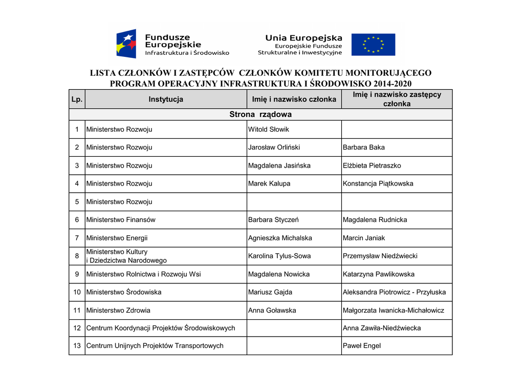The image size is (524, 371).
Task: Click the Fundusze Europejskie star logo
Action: pyautogui.click(x=126, y=44)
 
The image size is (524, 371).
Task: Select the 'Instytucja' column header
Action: pyautogui.click(x=166, y=99)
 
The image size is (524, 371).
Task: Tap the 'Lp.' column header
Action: pyautogui.click(x=77, y=99)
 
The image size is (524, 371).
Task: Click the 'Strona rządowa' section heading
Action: pyautogui.click(x=260, y=114)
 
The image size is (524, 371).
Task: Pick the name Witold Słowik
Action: pyautogui.click(x=269, y=130)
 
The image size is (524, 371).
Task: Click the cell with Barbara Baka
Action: pyautogui.click(x=364, y=148)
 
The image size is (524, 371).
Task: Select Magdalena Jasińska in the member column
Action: pyautogui.click(x=279, y=166)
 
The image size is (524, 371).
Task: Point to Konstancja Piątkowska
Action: pyautogui.click(x=378, y=183)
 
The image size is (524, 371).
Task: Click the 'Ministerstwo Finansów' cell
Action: pyautogui.click(x=121, y=220)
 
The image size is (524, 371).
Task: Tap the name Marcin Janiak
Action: pyautogui.click(x=364, y=238)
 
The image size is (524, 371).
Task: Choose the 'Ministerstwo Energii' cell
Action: pyautogui.click(x=117, y=238)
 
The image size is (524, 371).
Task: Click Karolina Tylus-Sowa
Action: pyautogui.click(x=279, y=256)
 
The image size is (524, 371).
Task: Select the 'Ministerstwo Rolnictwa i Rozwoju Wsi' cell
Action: pyautogui.click(x=143, y=274)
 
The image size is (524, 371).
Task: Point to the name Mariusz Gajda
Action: pyautogui.click(x=270, y=292)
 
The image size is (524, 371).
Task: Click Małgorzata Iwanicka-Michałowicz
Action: pyautogui.click(x=394, y=310)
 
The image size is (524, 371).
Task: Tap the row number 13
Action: pyautogui.click(x=77, y=346)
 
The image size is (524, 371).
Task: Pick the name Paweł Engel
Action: pyautogui.click(x=361, y=346)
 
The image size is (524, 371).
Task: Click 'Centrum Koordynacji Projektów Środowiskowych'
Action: pyautogui.click(x=161, y=328)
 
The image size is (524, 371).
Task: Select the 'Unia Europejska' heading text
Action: pyautogui.click(x=303, y=38)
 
